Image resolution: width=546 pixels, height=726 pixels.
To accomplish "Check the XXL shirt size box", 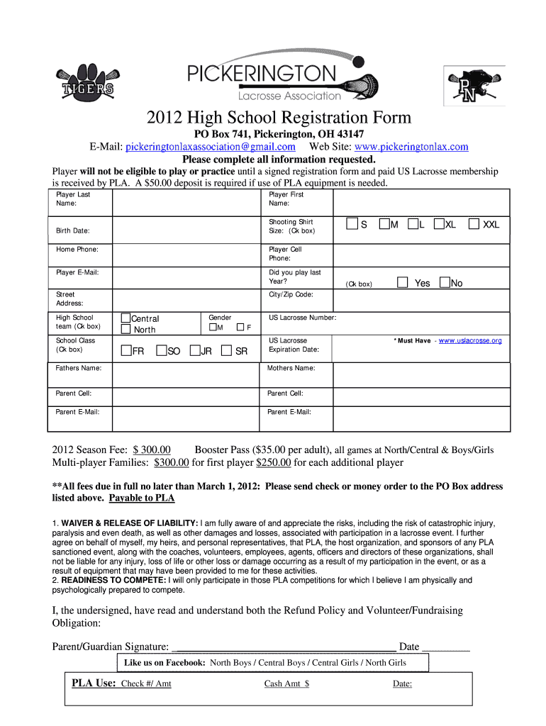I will point(474,225).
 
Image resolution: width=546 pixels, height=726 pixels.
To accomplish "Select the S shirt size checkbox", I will point(352,225).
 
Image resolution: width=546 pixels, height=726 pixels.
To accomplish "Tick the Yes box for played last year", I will point(403,283).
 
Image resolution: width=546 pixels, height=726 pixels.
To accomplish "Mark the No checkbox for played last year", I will point(445,283).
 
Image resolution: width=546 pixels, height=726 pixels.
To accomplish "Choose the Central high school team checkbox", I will point(126,318).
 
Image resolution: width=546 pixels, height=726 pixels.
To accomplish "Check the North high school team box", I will point(126,330).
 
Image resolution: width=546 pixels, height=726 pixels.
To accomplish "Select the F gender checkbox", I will point(240,328).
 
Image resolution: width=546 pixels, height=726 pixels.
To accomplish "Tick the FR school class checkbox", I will point(126,350).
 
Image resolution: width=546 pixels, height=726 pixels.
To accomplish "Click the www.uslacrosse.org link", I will point(470,341).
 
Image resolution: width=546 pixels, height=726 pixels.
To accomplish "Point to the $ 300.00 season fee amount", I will point(152,449).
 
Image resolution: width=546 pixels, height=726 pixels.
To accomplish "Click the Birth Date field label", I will point(73,230).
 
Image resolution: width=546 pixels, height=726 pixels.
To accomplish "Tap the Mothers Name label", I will point(291,369).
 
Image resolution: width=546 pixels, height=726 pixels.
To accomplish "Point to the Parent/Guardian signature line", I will point(284,647).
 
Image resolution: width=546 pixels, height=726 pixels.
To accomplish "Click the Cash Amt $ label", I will point(286,683).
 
